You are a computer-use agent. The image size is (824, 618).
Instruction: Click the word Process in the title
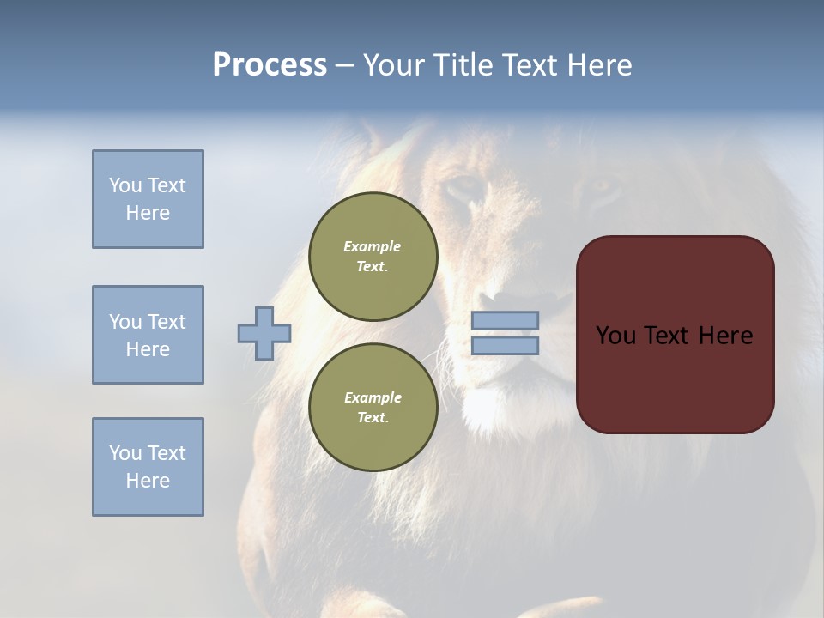coord(270,65)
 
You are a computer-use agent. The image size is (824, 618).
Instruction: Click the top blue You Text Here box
coord(148,199)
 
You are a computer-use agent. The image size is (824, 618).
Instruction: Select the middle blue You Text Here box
coord(148,335)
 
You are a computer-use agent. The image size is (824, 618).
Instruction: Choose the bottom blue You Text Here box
coord(148,467)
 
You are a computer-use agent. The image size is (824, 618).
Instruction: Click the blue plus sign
coord(264,333)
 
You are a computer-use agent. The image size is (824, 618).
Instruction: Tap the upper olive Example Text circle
coord(373,256)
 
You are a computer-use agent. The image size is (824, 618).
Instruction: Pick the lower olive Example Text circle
coord(373,407)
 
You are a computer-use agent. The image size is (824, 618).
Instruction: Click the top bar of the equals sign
coord(505,320)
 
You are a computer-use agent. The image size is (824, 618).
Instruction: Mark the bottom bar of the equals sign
coord(505,345)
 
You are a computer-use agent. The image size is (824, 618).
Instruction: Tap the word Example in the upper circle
coord(373,246)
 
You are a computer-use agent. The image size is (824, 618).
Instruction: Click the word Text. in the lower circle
coord(373,417)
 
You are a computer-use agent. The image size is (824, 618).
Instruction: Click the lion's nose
coord(524,300)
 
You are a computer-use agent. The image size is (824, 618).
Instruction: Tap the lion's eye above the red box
coord(603,187)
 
